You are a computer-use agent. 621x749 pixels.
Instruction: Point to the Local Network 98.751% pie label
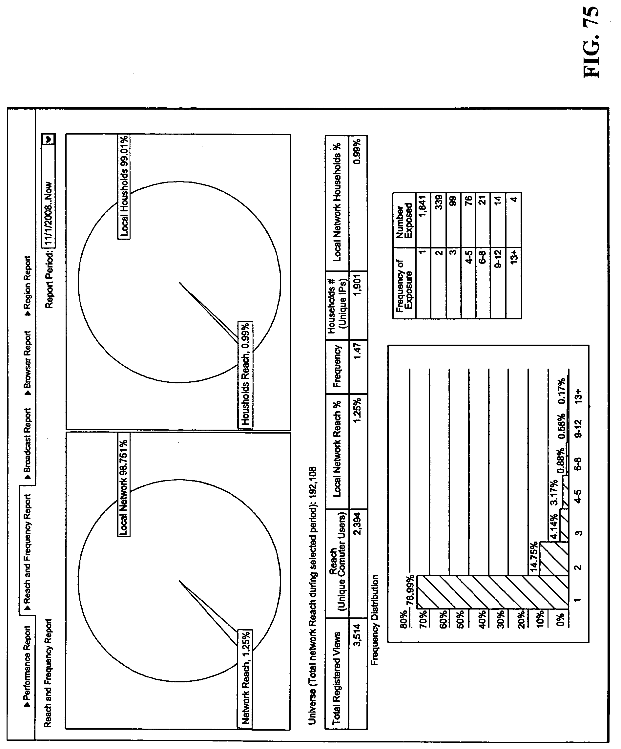[x=124, y=484]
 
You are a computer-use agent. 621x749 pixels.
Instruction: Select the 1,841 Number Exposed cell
[x=423, y=206]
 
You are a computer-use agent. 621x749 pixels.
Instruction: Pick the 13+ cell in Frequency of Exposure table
[x=513, y=256]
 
